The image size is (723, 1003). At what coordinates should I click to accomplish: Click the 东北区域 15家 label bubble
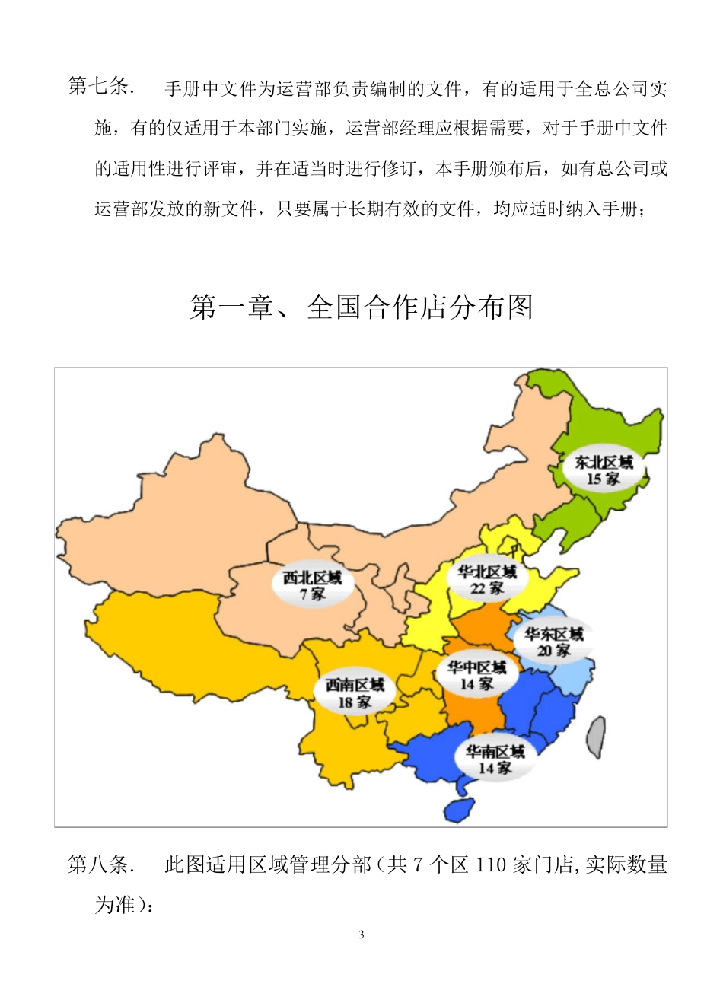tap(603, 470)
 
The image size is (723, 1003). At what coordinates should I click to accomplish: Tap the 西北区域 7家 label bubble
tap(312, 585)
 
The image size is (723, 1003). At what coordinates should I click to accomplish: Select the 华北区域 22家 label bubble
tap(487, 579)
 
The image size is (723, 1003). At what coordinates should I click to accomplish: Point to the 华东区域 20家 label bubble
tap(553, 642)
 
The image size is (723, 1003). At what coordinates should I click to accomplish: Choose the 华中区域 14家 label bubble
tap(476, 675)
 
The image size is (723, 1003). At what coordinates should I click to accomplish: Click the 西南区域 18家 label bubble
tap(355, 693)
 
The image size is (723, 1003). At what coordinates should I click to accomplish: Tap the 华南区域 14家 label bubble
tap(495, 759)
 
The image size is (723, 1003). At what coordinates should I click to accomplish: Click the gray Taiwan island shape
tap(597, 737)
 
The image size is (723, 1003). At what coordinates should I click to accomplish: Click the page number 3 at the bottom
tap(361, 935)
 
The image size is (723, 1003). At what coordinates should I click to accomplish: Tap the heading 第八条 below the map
tap(100, 864)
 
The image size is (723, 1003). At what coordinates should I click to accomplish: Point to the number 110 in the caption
tap(492, 865)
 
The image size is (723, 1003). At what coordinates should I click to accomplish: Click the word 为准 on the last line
tap(114, 905)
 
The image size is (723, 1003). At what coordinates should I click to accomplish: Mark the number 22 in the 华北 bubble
tap(478, 588)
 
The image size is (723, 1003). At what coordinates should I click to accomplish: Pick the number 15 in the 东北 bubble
tap(594, 479)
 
